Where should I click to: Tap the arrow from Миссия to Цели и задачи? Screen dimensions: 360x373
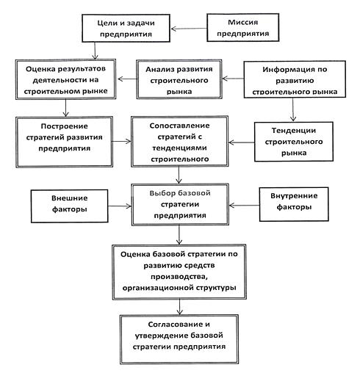(x=189, y=29)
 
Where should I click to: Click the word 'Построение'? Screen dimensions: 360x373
(x=64, y=126)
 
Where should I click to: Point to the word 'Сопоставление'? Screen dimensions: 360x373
(x=179, y=126)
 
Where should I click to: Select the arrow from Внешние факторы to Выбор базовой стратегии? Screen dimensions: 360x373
(x=120, y=206)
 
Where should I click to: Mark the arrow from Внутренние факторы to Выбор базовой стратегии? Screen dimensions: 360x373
(x=244, y=206)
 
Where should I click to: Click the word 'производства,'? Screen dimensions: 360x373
(x=179, y=276)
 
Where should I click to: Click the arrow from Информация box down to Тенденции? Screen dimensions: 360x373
(x=293, y=109)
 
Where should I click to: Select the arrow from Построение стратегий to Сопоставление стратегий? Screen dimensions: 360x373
(x=122, y=141)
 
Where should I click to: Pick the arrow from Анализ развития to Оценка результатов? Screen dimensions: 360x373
(x=127, y=79)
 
